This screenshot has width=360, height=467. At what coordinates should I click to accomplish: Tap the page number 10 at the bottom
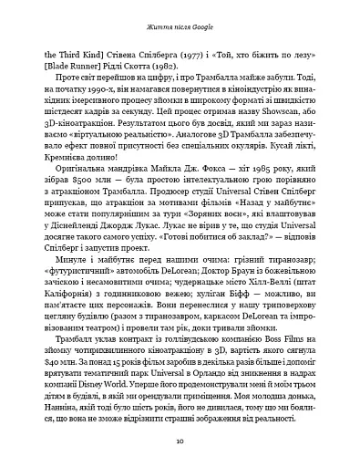click(x=180, y=440)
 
